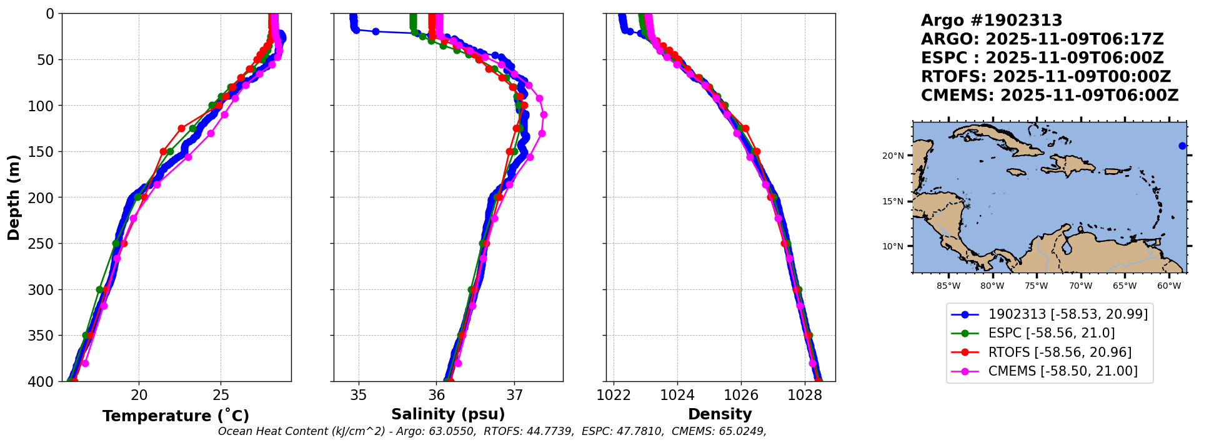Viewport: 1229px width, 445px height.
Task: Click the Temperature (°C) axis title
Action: point(176,416)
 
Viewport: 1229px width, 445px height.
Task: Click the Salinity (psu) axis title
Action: point(448,414)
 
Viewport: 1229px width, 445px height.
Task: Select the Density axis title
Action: point(720,414)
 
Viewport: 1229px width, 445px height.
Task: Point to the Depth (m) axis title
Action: point(14,197)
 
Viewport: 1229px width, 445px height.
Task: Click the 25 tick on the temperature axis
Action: point(221,395)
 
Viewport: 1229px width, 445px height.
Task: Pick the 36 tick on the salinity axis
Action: point(437,395)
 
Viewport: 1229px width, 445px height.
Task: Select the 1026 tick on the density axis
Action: point(741,395)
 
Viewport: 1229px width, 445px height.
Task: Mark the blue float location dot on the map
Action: point(1182,146)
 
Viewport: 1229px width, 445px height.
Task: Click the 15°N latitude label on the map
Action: point(893,201)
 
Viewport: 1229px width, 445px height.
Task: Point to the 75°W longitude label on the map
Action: point(1036,286)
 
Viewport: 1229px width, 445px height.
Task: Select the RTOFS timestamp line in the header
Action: point(1045,77)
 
